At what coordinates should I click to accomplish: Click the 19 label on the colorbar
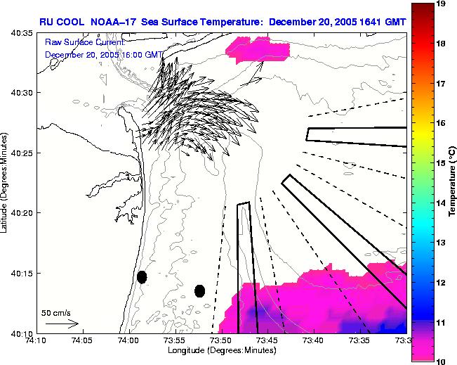click(x=423, y=4)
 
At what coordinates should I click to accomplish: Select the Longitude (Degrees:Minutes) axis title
click(x=220, y=350)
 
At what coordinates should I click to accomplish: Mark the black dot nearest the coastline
click(x=142, y=277)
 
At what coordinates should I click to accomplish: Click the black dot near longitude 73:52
click(x=199, y=290)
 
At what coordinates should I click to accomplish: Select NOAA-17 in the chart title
click(x=117, y=22)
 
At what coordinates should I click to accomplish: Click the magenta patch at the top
click(x=258, y=47)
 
